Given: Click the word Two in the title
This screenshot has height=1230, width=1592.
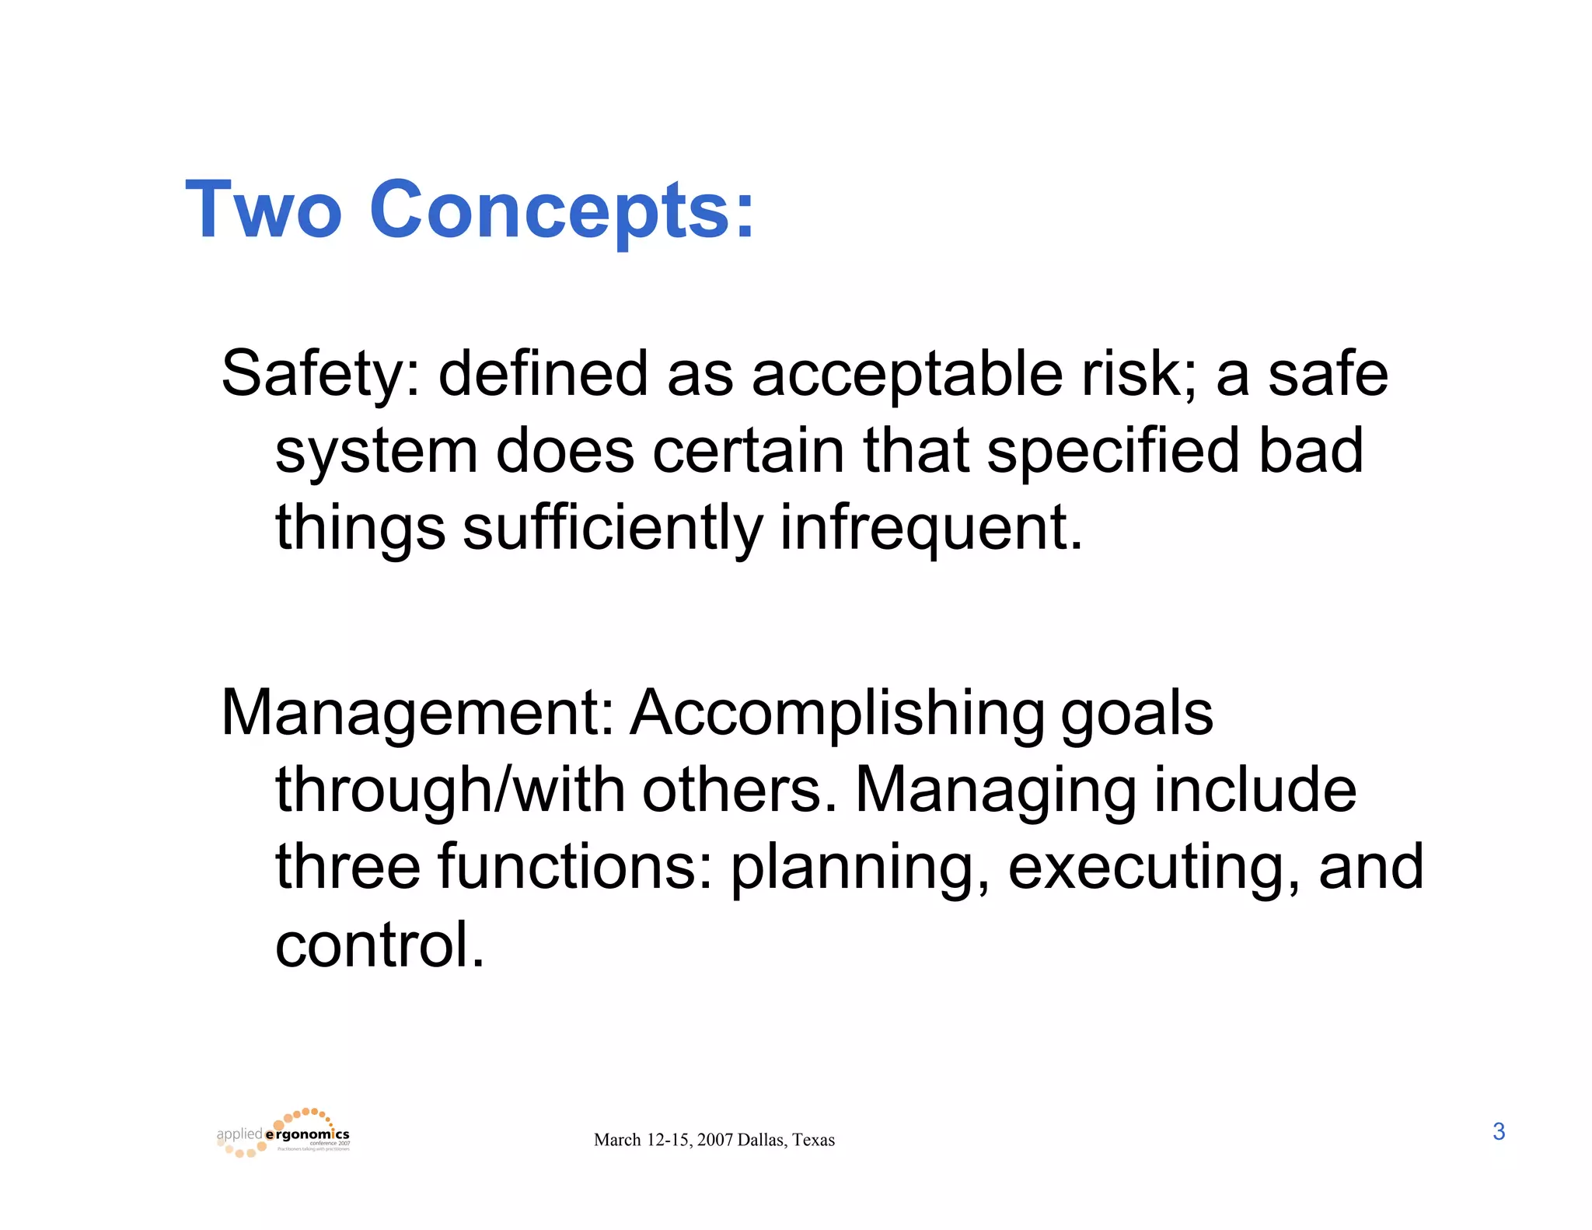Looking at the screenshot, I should pos(264,210).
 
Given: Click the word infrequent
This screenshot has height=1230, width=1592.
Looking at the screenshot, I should pos(930,526).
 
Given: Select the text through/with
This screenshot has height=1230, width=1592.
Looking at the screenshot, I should pos(450,791).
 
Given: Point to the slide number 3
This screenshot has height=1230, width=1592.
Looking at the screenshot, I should pos(1499,1132).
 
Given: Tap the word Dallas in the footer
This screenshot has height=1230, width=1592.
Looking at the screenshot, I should pos(761,1141).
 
